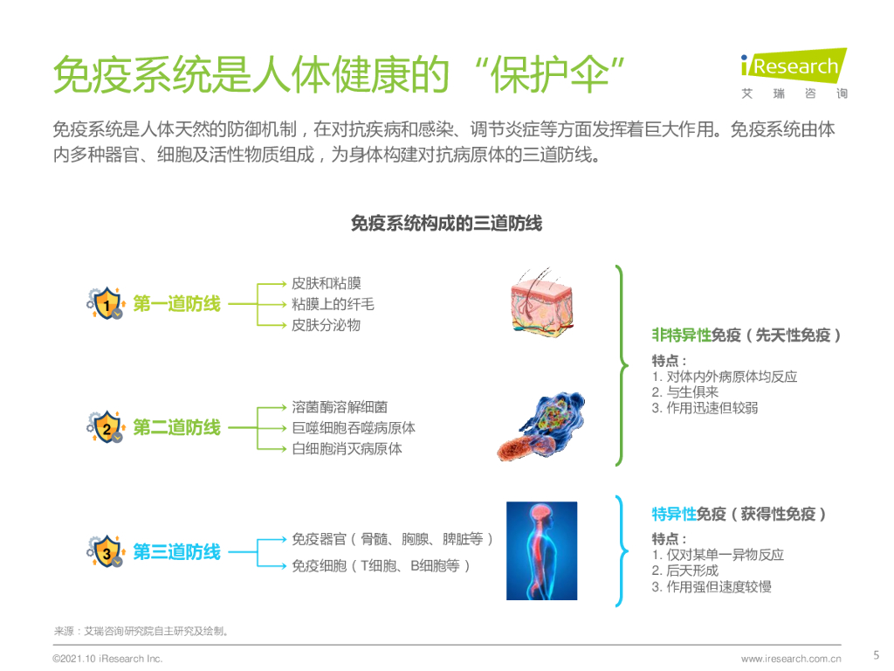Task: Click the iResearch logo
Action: coord(794,73)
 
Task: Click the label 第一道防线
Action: coord(176,305)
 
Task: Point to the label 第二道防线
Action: coord(176,428)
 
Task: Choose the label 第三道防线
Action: coord(176,552)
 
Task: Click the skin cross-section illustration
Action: coord(542,299)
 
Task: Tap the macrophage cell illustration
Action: coord(541,426)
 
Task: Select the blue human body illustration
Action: coord(541,550)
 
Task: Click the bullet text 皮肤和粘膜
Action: coord(326,284)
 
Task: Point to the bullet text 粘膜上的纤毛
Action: coord(333,304)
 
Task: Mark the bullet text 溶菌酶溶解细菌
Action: coord(340,407)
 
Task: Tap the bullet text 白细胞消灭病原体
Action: coord(347,449)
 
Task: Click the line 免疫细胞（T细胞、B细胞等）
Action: coord(382,566)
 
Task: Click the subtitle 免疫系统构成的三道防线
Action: coord(446,224)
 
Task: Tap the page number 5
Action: coord(877,654)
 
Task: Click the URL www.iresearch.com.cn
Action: coord(791,659)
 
